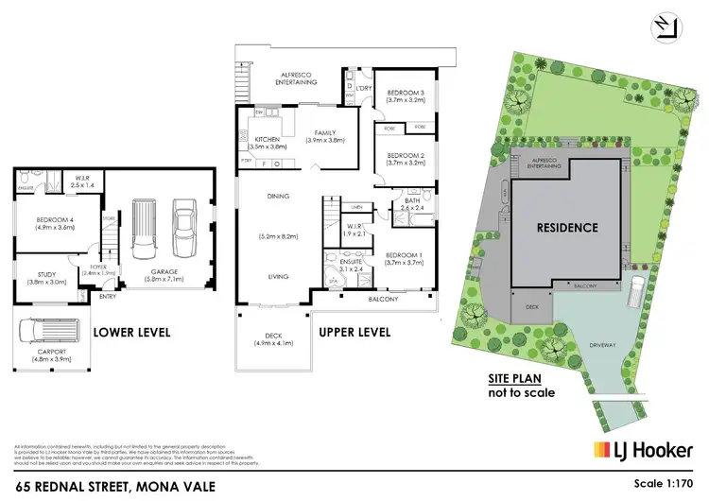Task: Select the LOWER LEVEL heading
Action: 133,332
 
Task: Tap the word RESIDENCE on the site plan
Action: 567,227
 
